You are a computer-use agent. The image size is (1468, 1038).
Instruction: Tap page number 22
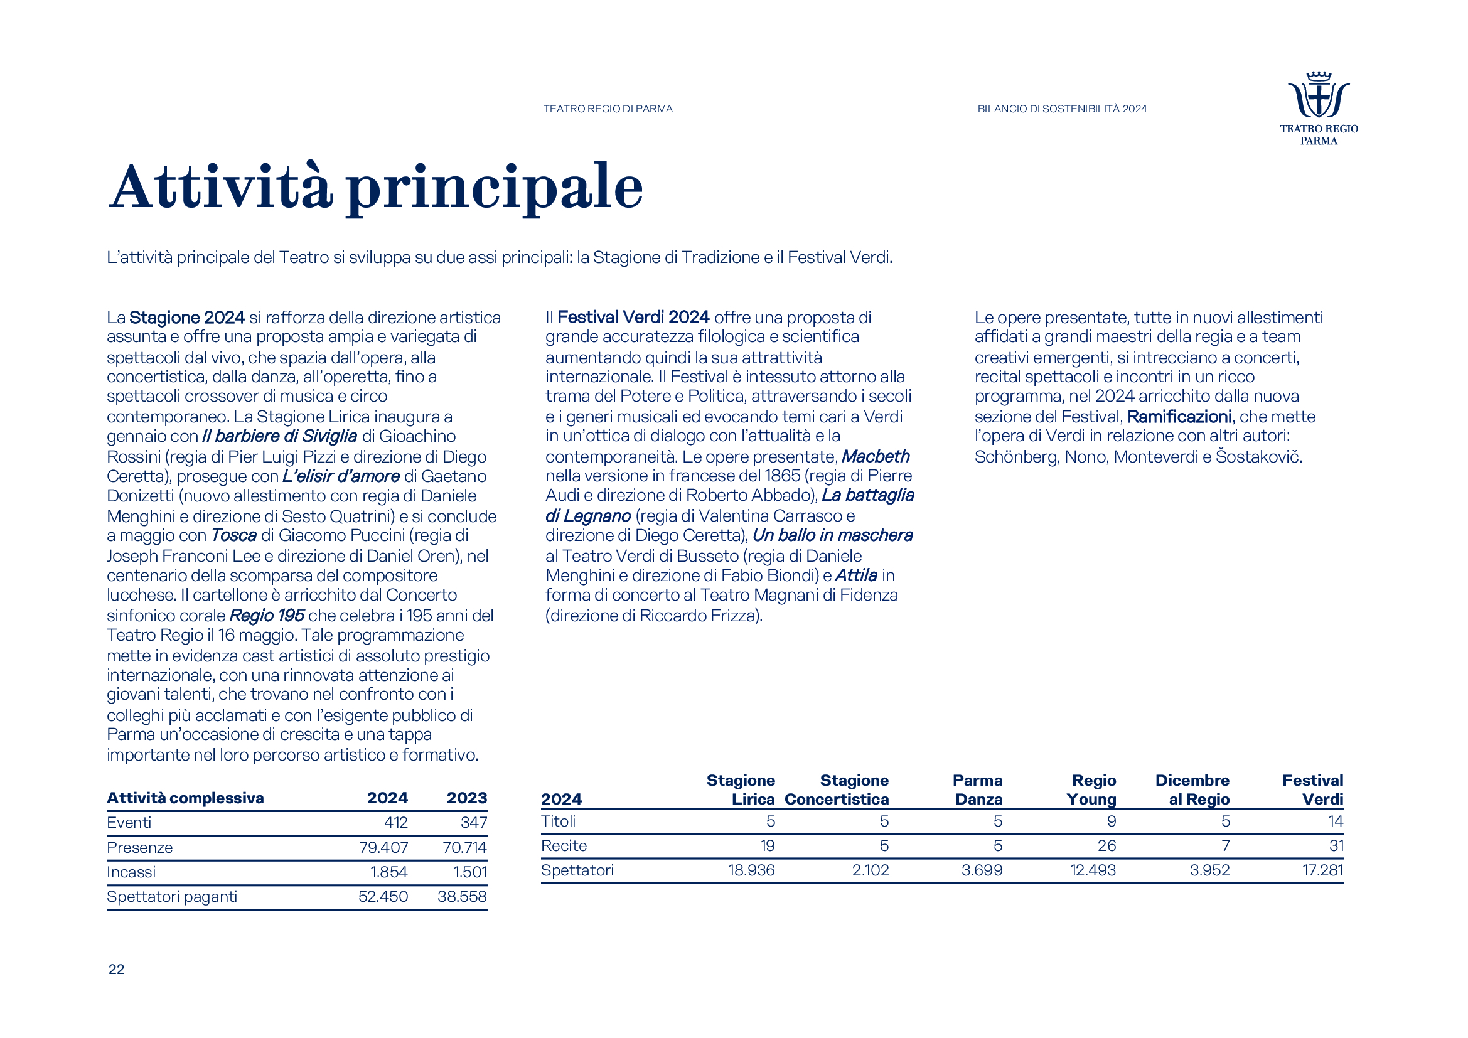(x=116, y=969)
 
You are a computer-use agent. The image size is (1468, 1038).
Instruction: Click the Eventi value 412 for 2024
(x=396, y=823)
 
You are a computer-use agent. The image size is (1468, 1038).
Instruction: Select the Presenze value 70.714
(x=464, y=847)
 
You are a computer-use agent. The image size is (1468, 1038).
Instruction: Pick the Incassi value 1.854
(x=388, y=872)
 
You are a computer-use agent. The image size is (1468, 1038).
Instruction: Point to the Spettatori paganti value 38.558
(x=462, y=897)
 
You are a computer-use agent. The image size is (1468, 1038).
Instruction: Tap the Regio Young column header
(x=1091, y=790)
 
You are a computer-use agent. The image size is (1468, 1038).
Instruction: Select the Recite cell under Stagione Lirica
(x=767, y=845)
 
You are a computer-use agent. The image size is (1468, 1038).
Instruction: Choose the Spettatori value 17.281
(x=1322, y=870)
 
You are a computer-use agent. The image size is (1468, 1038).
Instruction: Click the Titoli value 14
(x=1335, y=821)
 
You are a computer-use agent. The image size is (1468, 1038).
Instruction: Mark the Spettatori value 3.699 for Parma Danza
(x=982, y=870)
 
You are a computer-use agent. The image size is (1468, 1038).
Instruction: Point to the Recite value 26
(x=1106, y=845)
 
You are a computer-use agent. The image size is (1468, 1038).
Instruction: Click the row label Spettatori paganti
(x=172, y=897)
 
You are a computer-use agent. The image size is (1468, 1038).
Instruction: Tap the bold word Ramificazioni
(x=1179, y=417)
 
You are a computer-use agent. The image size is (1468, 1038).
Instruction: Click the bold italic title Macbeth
(x=875, y=456)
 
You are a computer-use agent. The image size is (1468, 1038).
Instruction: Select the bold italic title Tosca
(x=233, y=535)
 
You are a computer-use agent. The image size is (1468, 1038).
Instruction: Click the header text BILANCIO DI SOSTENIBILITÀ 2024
(x=1062, y=109)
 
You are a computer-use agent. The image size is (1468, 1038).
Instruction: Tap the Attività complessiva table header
(x=185, y=798)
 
